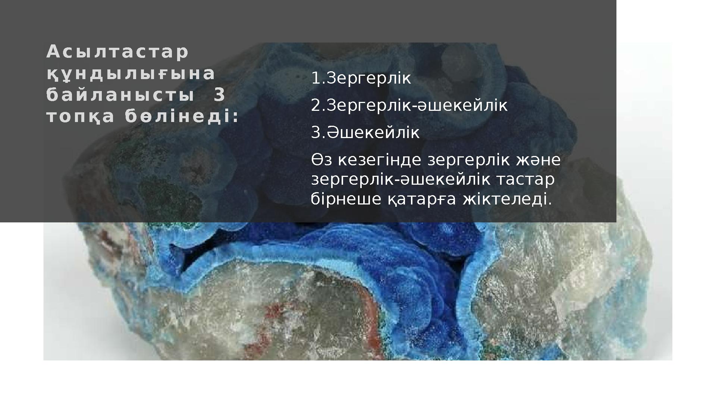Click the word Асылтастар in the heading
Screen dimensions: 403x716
117,53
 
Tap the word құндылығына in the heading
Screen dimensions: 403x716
131,74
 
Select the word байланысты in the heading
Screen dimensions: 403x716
120,96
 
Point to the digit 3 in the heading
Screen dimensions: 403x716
220,96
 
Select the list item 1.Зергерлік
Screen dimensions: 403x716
361,78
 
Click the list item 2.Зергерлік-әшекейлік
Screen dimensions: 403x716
409,106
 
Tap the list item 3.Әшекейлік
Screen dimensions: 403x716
365,133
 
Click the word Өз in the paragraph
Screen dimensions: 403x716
322,160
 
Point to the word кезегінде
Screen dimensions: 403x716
380,160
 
